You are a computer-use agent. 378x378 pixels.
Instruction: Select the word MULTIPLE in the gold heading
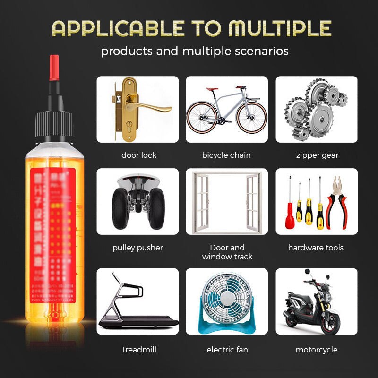click(280, 29)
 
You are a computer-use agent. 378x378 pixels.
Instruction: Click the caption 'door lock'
click(138, 155)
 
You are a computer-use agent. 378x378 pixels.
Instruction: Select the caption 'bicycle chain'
click(226, 155)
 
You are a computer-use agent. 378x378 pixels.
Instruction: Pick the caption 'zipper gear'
click(317, 155)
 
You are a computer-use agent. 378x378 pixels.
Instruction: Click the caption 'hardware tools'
click(316, 248)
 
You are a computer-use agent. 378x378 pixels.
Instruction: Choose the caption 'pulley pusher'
click(137, 248)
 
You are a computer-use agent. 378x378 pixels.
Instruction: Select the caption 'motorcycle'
click(317, 350)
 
